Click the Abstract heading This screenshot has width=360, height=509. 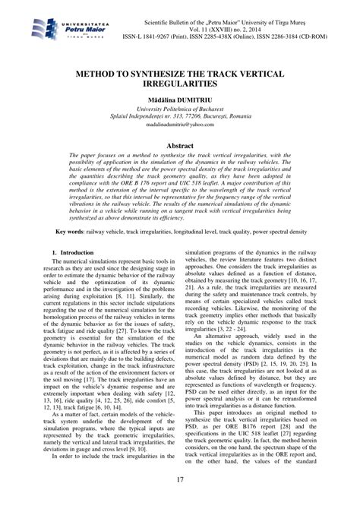[x=180, y=150]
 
